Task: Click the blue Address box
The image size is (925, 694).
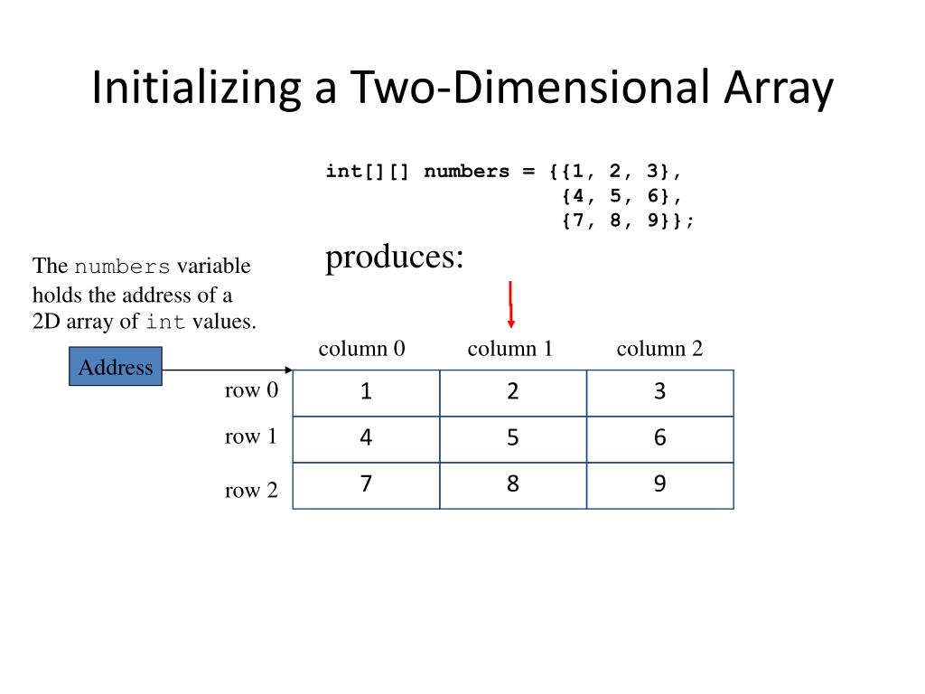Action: (116, 367)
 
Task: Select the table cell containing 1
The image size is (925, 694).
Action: (366, 393)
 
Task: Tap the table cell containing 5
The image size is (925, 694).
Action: (513, 439)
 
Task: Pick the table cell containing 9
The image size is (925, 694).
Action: (659, 485)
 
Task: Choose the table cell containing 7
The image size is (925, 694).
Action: (366, 485)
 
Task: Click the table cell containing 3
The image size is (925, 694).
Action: (659, 393)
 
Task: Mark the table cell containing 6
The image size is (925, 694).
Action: (659, 439)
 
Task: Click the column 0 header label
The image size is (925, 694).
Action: (361, 349)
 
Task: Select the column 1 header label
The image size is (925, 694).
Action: (510, 349)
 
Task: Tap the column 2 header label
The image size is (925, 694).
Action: (659, 349)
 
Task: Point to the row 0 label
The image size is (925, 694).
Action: (251, 390)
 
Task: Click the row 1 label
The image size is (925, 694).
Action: (251, 436)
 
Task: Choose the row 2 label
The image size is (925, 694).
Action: (251, 491)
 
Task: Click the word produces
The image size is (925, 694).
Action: (394, 258)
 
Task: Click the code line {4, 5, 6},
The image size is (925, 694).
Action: (621, 196)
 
